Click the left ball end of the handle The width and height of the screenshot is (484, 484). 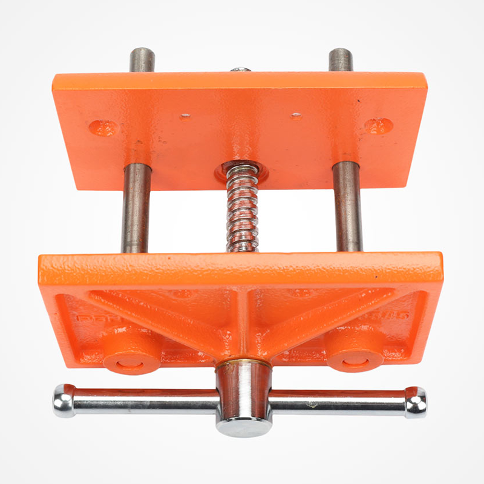[64, 401]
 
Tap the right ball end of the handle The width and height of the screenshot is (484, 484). [416, 402]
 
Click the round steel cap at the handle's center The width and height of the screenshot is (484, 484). [244, 425]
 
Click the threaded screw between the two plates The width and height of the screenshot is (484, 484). [242, 209]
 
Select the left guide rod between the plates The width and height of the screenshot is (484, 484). [136, 209]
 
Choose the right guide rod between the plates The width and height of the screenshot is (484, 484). [347, 209]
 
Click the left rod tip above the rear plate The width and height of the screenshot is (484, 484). [142, 59]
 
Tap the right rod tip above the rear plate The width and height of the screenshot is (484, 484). [341, 59]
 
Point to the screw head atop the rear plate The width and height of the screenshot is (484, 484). [241, 70]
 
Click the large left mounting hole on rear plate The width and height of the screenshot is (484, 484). [102, 128]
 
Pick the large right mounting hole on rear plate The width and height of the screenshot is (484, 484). [378, 125]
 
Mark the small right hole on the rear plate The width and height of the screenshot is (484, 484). [296, 115]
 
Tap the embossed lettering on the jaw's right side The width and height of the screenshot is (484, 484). [396, 315]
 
